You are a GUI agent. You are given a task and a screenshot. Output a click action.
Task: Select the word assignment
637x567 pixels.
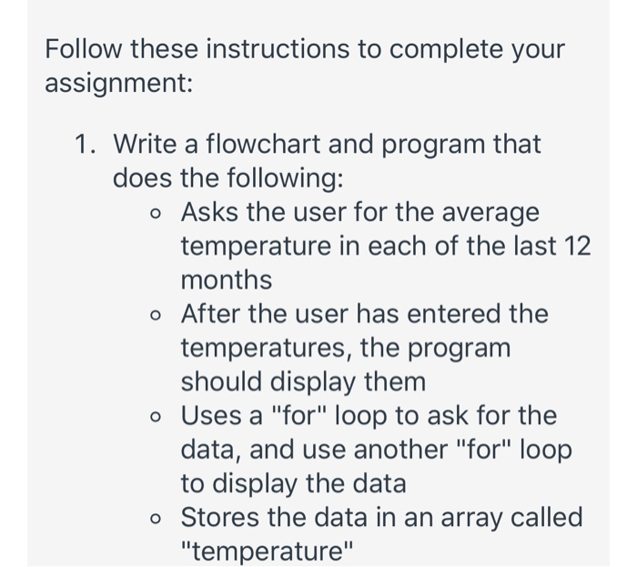click(116, 86)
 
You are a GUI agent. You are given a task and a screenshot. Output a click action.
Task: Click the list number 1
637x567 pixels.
click(86, 144)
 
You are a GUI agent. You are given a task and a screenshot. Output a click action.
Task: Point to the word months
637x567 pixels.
click(227, 279)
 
